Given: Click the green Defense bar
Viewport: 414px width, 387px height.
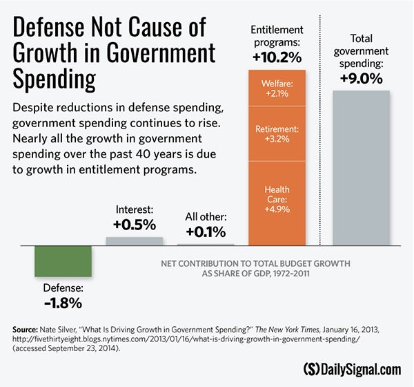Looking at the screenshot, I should pyautogui.click(x=63, y=261).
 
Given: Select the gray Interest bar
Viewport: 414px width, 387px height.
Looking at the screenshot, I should pyautogui.click(x=135, y=240).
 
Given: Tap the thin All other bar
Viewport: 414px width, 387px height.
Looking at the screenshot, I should pyautogui.click(x=206, y=244).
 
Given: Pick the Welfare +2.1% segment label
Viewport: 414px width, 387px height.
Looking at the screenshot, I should pyautogui.click(x=276, y=88).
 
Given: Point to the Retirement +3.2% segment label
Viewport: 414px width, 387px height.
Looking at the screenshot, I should pyautogui.click(x=276, y=133).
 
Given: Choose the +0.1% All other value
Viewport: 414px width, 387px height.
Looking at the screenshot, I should pyautogui.click(x=205, y=232).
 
